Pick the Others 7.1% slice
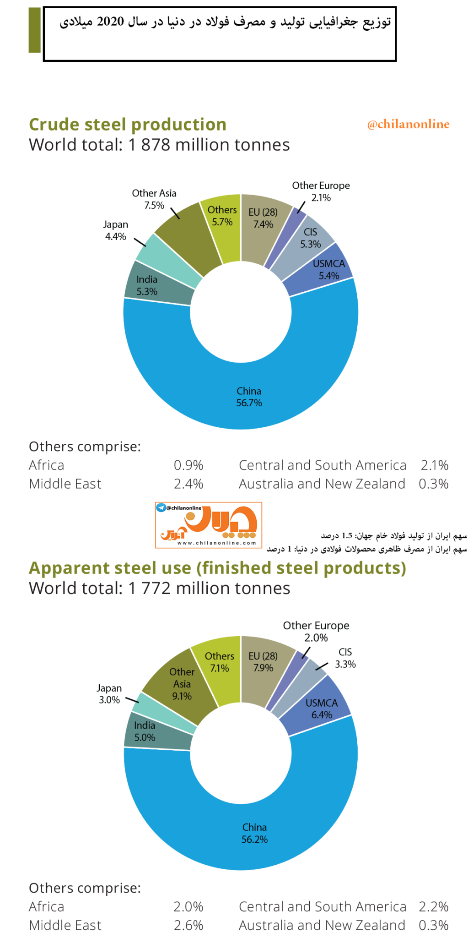(x=219, y=664)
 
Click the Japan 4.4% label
(x=116, y=230)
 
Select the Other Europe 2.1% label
(x=321, y=191)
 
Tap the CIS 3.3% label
(x=345, y=658)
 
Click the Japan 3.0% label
(x=109, y=694)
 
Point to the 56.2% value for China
(x=254, y=839)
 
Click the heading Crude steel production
(x=128, y=125)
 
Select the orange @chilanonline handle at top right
(x=408, y=124)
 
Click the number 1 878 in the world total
(x=150, y=145)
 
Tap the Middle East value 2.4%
(x=188, y=484)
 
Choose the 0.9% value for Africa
(x=188, y=465)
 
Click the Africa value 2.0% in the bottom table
(x=188, y=906)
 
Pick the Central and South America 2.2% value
(x=434, y=906)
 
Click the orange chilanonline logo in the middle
(x=209, y=525)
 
